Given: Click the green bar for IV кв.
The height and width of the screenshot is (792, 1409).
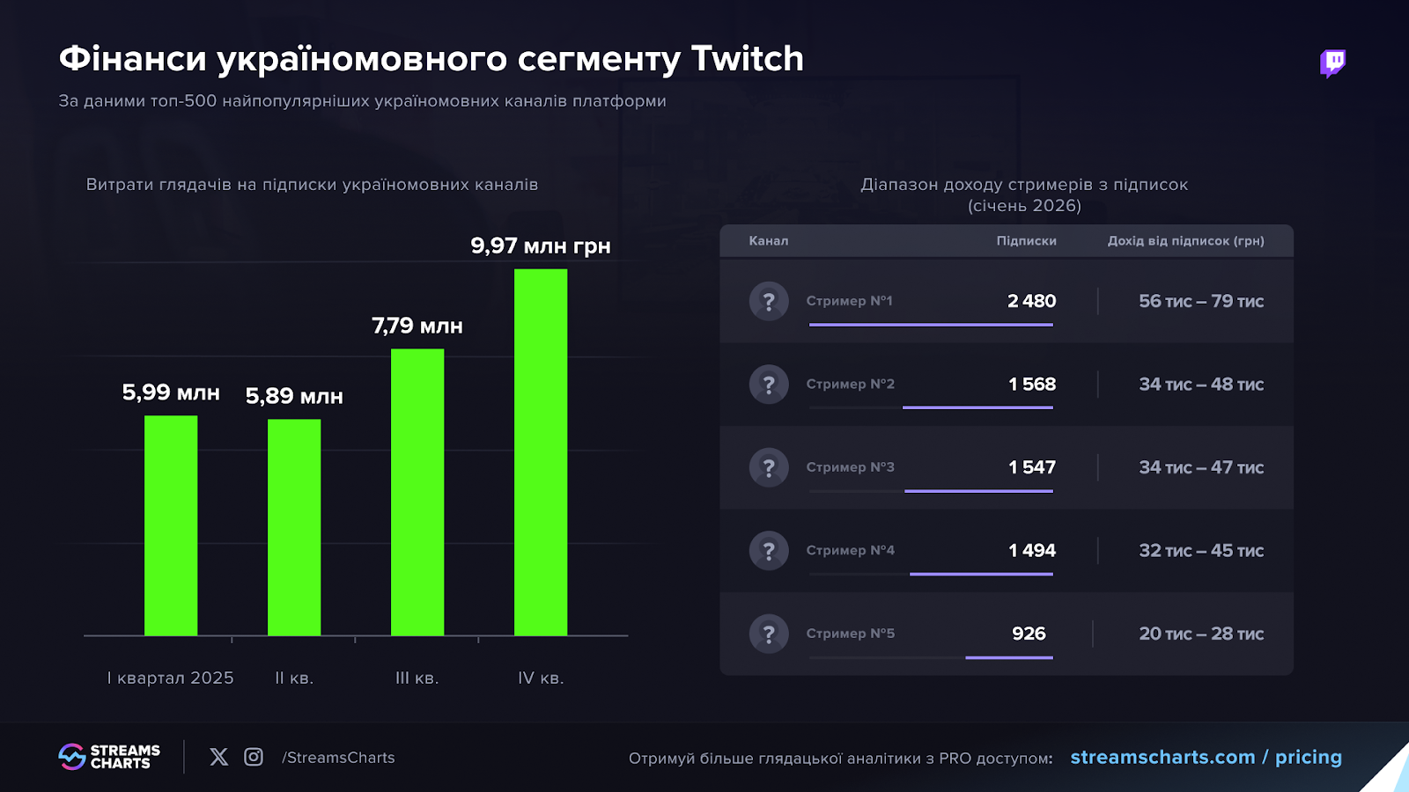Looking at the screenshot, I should [x=541, y=452].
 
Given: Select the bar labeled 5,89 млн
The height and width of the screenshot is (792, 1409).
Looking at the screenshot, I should [x=294, y=527].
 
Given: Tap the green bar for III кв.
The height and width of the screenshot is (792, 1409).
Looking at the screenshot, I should [x=417, y=492].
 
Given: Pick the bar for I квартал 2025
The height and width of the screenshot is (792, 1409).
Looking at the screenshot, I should [x=171, y=525].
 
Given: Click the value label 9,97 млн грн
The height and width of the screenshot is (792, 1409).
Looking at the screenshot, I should [x=540, y=246].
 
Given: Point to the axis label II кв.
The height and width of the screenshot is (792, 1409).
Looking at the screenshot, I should [x=294, y=678].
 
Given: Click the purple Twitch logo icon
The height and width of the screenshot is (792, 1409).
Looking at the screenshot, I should [x=1332, y=63].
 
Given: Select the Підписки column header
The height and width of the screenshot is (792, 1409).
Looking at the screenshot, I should [x=1026, y=240].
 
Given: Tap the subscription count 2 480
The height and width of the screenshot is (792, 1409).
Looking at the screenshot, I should [x=1031, y=301].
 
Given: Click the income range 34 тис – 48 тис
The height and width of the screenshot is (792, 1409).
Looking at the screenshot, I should [x=1201, y=385].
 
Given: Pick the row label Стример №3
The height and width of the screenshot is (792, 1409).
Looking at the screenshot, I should [x=850, y=467].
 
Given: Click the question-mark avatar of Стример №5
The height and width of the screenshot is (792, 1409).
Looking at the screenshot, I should [x=769, y=634].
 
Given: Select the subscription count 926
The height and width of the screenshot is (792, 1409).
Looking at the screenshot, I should [x=1029, y=634].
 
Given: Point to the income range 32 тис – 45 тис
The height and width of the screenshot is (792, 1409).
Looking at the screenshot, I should [x=1201, y=551].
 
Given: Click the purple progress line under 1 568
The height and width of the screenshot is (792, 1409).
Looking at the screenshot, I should [x=977, y=407].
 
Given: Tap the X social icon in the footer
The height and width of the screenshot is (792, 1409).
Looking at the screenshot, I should [x=219, y=757].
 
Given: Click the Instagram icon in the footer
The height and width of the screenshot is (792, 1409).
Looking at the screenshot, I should [x=254, y=757].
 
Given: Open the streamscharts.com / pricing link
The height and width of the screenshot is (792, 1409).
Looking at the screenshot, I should [x=1206, y=757].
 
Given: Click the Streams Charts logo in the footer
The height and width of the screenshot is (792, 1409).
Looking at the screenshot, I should [x=109, y=757].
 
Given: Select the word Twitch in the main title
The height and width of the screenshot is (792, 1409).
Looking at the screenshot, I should [x=747, y=59].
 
